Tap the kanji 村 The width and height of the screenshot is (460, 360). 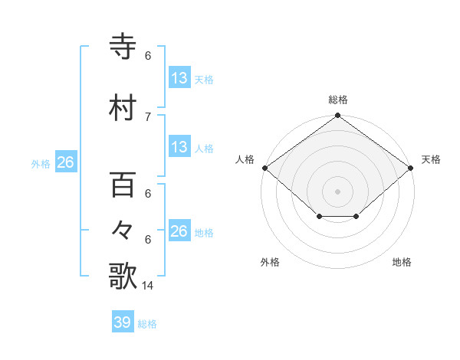click(123, 108)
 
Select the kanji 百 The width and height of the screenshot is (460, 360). click(123, 186)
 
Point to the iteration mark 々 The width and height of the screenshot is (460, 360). click(123, 231)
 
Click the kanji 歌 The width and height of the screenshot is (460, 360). click(123, 276)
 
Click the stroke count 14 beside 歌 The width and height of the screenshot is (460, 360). click(147, 286)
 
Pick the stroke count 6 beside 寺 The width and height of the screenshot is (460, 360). click(148, 56)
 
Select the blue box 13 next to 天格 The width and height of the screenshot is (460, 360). click(179, 78)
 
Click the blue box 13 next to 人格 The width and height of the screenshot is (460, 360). click(179, 147)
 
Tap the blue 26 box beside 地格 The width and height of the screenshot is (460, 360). click(179, 231)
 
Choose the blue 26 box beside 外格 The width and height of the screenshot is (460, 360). click(65, 163)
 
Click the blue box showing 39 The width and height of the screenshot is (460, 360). click(123, 322)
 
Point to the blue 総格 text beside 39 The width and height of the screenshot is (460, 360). click(148, 324)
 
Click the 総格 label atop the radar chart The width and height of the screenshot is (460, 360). click(338, 100)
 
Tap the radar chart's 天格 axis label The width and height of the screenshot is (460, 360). click(431, 159)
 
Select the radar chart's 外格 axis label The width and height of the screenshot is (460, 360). click(270, 262)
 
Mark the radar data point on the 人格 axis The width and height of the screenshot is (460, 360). click(264, 168)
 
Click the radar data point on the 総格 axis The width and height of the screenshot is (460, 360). click(338, 116)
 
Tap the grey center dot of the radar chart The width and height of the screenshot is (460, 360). click(338, 191)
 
